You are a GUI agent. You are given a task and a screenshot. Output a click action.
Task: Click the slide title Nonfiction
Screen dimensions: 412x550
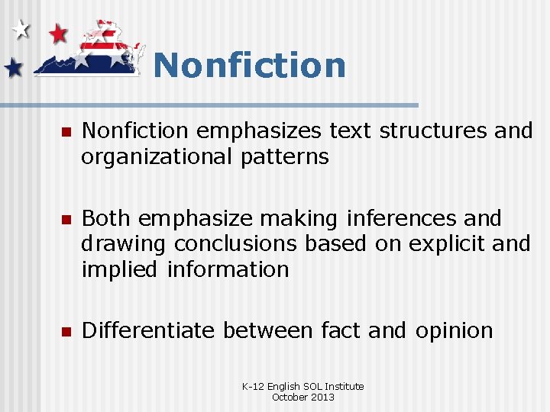(250, 65)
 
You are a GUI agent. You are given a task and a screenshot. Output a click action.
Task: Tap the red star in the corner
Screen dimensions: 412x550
(58, 33)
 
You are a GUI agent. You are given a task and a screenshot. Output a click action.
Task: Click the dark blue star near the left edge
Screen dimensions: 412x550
(13, 69)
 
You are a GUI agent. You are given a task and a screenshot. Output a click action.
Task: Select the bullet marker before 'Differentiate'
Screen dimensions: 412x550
(65, 332)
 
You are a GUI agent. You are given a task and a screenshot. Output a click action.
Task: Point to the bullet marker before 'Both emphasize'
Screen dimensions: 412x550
(65, 220)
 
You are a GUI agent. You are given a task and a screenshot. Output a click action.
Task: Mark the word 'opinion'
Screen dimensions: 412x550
(455, 330)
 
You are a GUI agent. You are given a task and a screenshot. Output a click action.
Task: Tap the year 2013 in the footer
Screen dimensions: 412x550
(322, 397)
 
